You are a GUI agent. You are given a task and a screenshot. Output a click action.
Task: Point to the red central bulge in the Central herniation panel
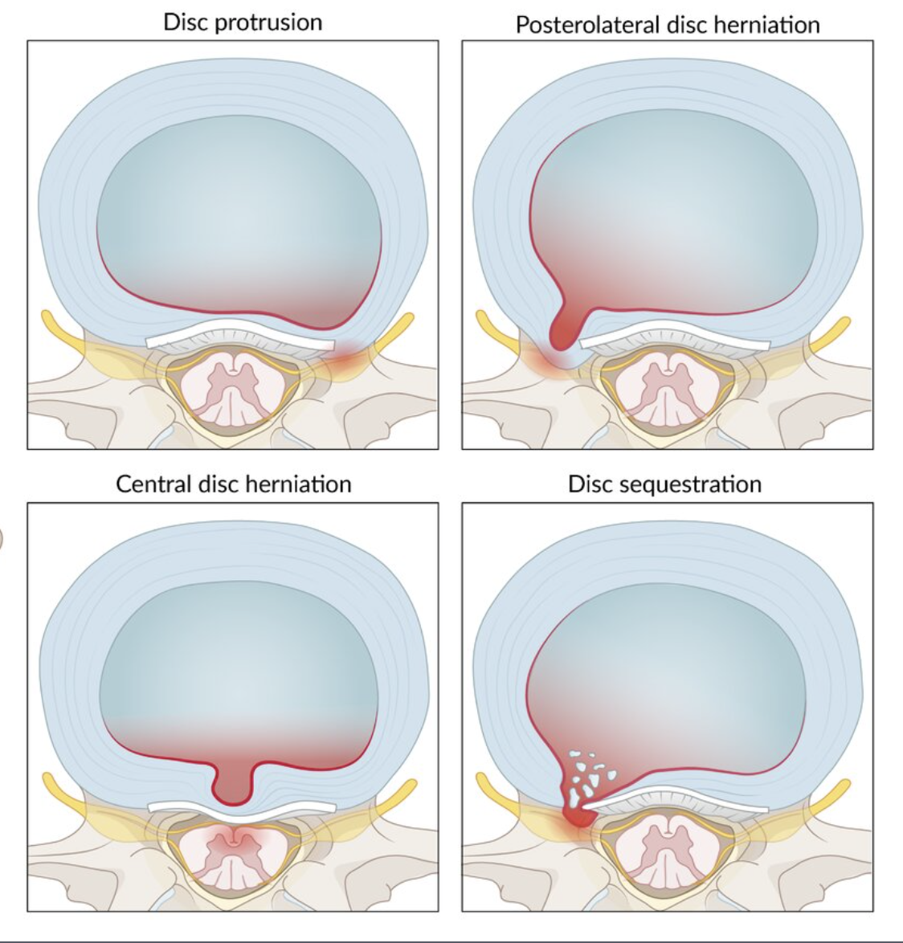(x=233, y=782)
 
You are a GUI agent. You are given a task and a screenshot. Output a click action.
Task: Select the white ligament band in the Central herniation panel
(x=241, y=806)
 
